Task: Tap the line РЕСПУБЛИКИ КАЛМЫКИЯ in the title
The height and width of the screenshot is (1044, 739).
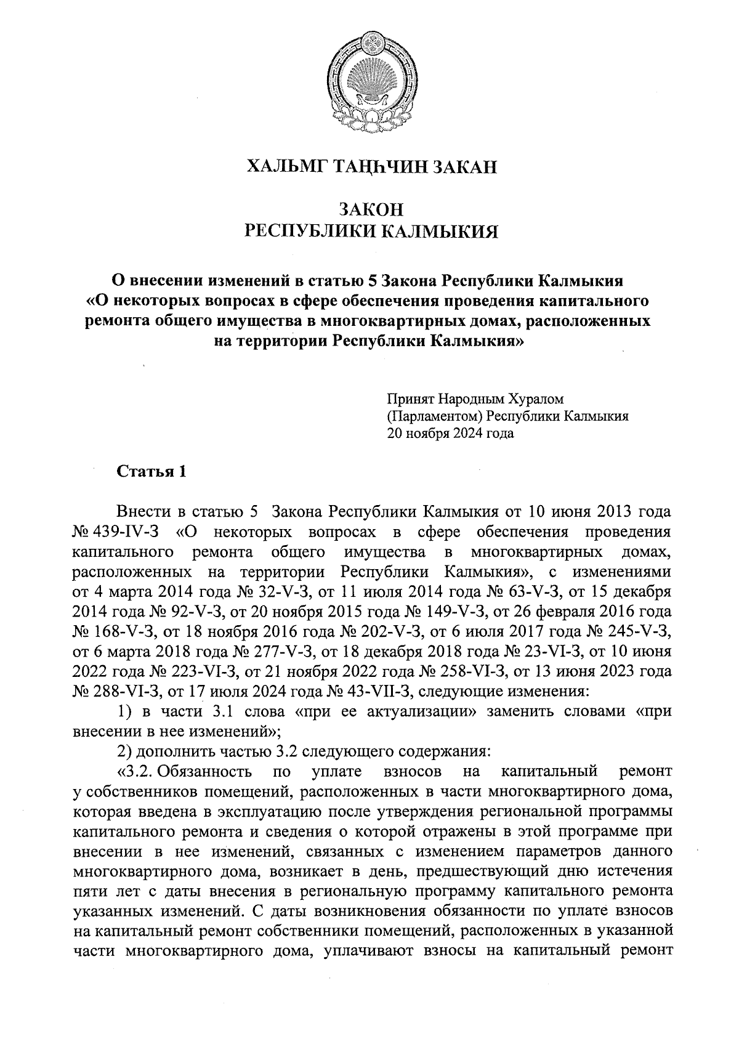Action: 370,231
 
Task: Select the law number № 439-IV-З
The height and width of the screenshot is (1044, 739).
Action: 116,530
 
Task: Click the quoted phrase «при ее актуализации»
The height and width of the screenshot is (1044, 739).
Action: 386,711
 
